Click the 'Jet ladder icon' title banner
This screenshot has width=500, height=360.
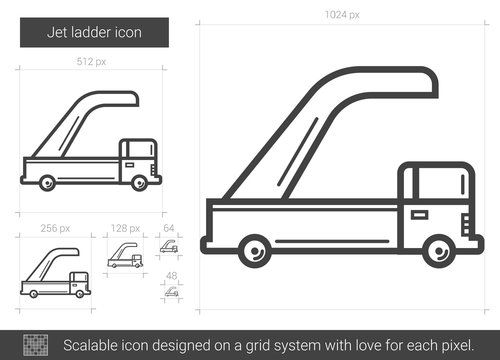click(96, 31)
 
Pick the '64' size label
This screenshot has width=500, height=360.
click(169, 228)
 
